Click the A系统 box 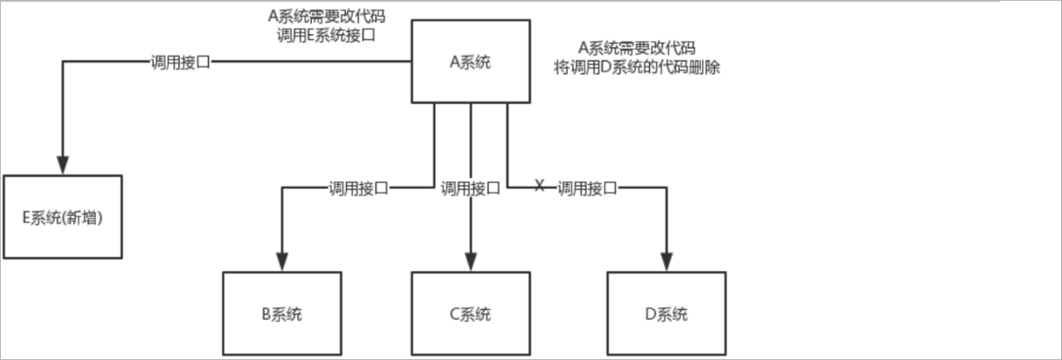473,62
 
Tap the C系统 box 470,313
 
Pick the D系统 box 666,313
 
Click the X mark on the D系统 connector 540,186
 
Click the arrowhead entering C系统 470,261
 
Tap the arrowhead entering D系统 666,261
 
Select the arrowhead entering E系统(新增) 62,165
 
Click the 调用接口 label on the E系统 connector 181,62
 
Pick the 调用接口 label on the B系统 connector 358,187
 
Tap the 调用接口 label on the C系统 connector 470,187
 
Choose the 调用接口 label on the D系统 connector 586,187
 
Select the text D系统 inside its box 666,314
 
